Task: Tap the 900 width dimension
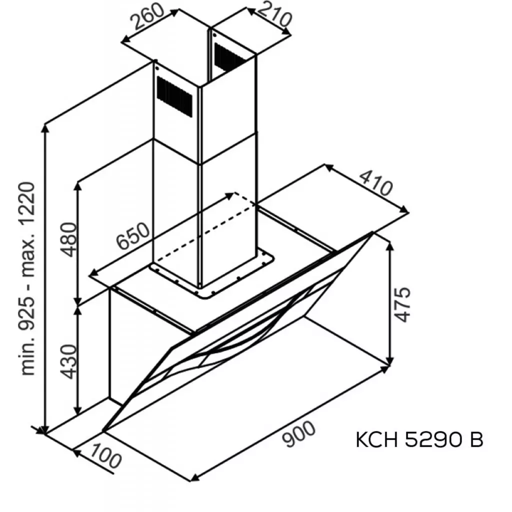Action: [298, 433]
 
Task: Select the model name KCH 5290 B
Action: [419, 440]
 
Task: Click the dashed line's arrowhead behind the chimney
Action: [230, 194]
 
